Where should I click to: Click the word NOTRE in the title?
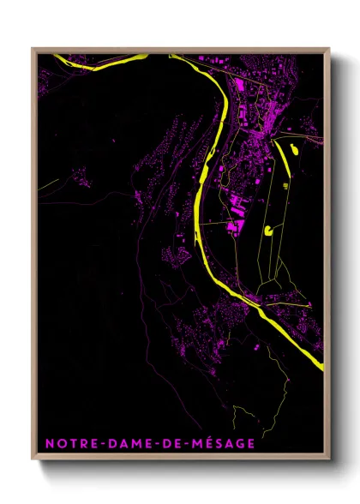click(67, 443)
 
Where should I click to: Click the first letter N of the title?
click(48, 443)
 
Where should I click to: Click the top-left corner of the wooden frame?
click(33, 49)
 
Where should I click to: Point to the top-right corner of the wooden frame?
click(329, 49)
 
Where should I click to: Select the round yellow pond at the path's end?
click(270, 229)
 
